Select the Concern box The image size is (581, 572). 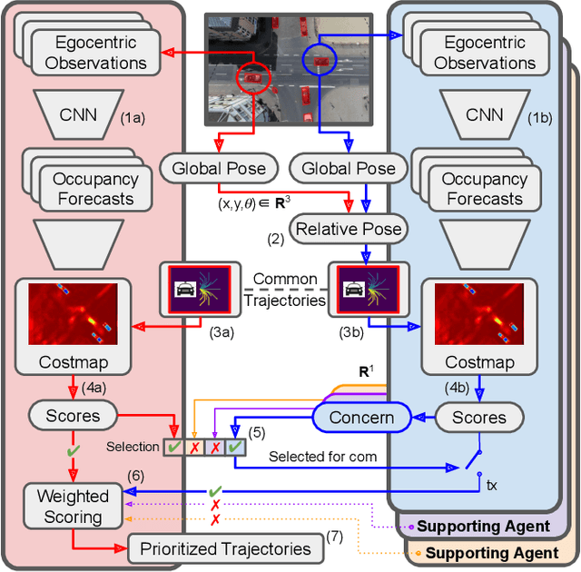[360, 417]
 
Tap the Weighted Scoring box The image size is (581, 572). [73, 506]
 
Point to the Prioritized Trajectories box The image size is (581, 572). [225, 547]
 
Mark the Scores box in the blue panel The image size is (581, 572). [478, 417]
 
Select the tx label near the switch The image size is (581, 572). [491, 486]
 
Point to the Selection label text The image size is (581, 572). [133, 447]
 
